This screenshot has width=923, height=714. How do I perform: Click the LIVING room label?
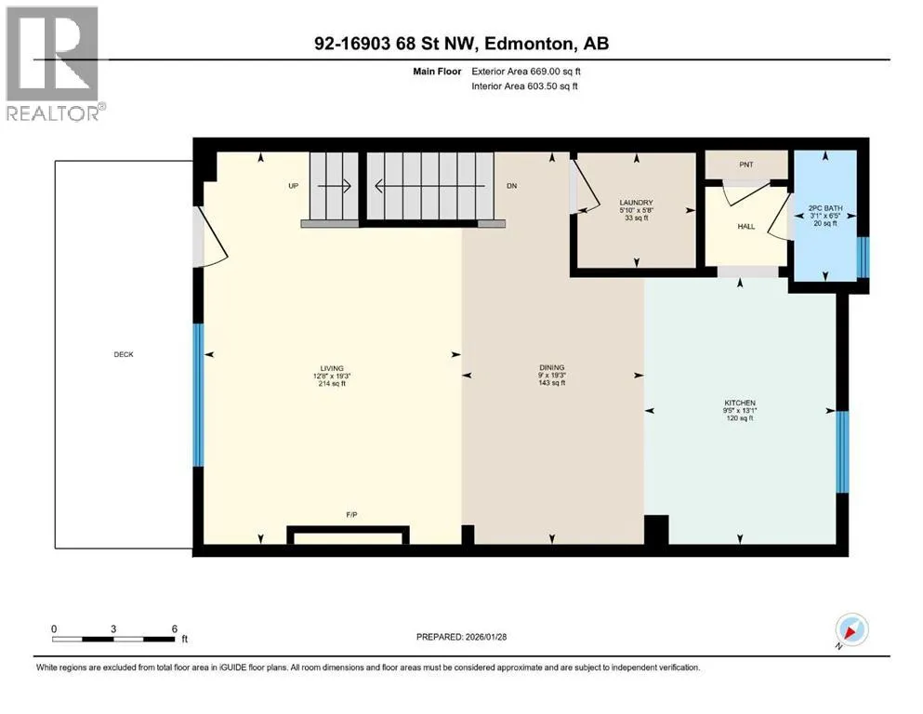click(x=332, y=368)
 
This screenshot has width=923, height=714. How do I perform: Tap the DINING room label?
click(x=551, y=367)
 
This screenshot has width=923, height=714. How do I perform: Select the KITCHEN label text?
click(x=740, y=403)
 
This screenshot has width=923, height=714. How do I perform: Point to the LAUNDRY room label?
click(x=637, y=202)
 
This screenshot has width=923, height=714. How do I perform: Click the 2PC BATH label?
click(x=825, y=207)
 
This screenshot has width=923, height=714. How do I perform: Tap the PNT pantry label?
click(x=745, y=165)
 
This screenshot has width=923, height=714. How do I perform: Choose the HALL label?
click(x=745, y=226)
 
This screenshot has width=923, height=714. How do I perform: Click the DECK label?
click(x=124, y=354)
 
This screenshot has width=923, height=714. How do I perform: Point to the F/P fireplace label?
click(x=351, y=515)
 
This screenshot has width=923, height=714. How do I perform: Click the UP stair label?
click(x=293, y=186)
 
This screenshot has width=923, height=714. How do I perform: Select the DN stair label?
click(x=511, y=186)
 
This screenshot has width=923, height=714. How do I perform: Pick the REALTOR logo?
click(x=54, y=63)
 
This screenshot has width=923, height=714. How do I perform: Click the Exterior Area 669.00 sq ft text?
click(x=526, y=72)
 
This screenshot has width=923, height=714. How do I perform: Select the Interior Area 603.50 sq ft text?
click(x=524, y=86)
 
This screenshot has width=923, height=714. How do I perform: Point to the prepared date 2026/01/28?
click(x=485, y=637)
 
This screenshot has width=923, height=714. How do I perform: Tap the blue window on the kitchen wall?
click(x=842, y=452)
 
